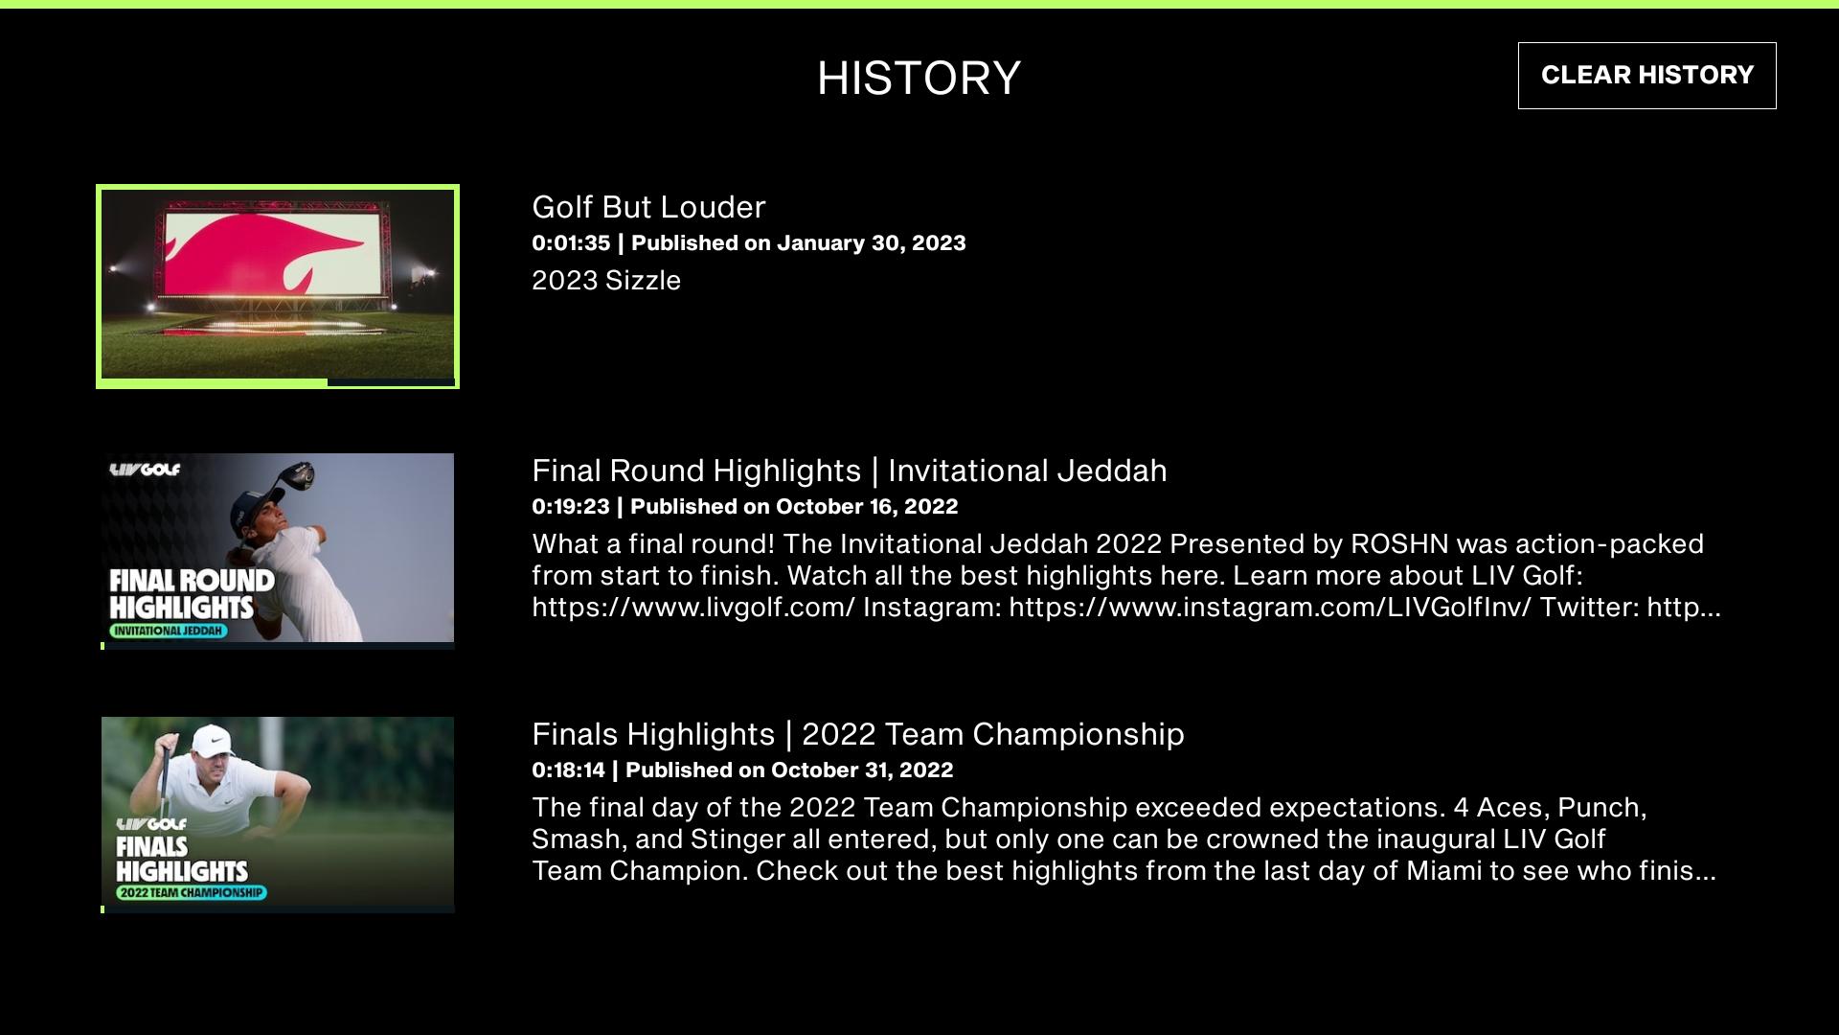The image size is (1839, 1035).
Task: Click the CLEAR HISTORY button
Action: tap(1646, 75)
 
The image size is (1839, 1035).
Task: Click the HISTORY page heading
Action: tap(919, 78)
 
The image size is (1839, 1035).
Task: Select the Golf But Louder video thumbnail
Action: tap(278, 287)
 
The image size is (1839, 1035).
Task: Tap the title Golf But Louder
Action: tap(648, 207)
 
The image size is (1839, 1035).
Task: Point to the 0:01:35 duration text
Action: tap(571, 243)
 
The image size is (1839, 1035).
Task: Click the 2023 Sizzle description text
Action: tap(606, 281)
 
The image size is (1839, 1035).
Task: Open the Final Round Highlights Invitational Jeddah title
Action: tap(849, 471)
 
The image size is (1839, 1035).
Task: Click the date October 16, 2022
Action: tap(867, 507)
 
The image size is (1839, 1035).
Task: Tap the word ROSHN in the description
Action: tap(1399, 544)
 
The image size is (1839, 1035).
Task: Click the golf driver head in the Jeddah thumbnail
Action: tap(297, 473)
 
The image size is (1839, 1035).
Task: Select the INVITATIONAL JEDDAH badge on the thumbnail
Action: tap(169, 631)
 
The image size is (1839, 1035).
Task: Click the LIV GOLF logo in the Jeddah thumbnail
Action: tap(145, 470)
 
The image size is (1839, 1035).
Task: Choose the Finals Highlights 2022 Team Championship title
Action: tap(857, 734)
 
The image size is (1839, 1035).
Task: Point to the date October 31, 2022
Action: tap(862, 770)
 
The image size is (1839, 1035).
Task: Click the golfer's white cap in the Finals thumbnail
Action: tap(212, 740)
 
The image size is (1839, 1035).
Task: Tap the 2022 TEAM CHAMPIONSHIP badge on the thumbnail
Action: tap(192, 892)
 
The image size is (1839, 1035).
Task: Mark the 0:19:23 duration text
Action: tap(571, 507)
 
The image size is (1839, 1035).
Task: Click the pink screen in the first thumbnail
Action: tap(264, 252)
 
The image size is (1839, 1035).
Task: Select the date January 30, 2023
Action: tap(871, 243)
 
